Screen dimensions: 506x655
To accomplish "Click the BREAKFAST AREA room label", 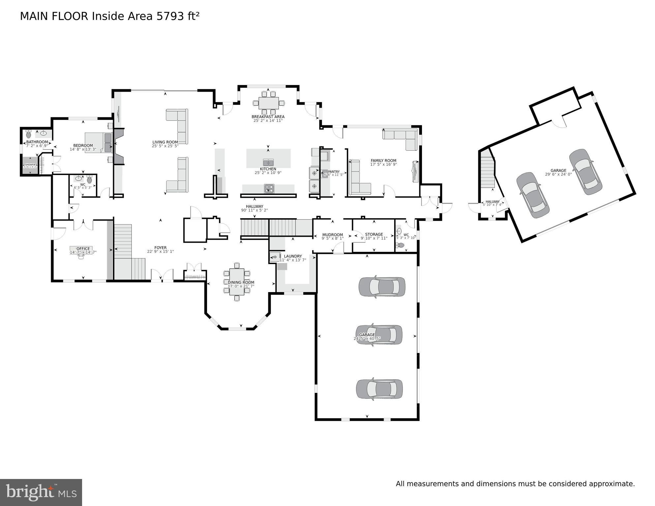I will [268, 117].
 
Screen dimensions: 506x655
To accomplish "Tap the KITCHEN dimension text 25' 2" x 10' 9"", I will [268, 173].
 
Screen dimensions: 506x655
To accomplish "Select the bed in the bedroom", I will [99, 142].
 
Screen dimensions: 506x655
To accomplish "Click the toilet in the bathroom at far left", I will [28, 134].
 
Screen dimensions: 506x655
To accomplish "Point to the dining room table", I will [237, 282].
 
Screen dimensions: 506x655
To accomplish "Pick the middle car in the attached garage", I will [379, 334].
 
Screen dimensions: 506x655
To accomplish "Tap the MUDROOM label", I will [332, 235].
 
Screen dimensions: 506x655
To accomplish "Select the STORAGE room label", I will [374, 234].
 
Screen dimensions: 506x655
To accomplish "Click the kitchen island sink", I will [268, 163].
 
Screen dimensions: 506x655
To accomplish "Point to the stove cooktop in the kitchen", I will [269, 189].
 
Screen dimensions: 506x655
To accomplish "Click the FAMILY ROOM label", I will [383, 161].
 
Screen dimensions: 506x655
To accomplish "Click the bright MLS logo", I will [41, 492].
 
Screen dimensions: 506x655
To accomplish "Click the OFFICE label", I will [83, 249].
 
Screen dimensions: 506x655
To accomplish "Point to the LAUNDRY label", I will [293, 256].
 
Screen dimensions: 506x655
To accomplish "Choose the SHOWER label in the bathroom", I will [30, 164].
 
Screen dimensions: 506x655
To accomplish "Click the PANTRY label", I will [334, 171].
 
